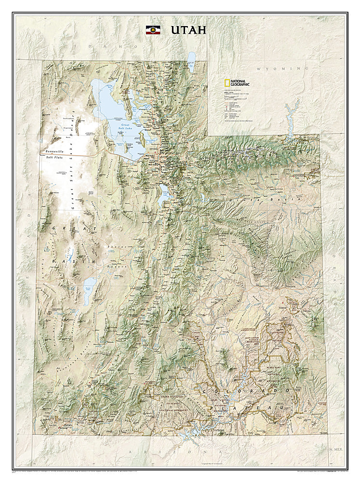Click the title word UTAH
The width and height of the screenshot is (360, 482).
[188, 30]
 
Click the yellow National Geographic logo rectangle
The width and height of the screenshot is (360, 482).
[226, 83]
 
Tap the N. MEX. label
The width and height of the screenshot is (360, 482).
[335, 448]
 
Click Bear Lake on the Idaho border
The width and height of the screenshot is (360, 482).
[191, 62]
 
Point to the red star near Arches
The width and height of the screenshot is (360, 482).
[282, 303]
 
